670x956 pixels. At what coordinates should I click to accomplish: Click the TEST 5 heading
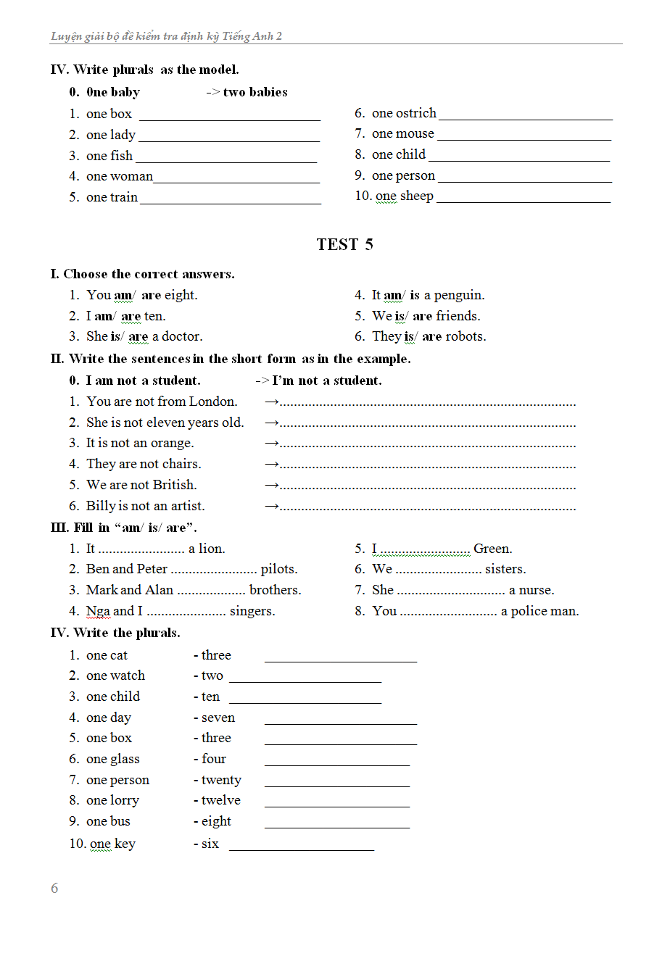click(344, 244)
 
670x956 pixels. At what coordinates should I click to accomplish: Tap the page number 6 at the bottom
click(54, 888)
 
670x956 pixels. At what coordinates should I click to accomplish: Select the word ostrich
click(417, 113)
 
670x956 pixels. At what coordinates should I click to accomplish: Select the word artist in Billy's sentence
click(187, 506)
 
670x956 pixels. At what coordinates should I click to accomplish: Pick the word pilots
click(278, 569)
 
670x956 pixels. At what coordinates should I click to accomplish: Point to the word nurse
click(537, 590)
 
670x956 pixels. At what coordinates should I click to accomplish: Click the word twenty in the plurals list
click(221, 780)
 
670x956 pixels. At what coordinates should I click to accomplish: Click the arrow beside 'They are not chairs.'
click(271, 464)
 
